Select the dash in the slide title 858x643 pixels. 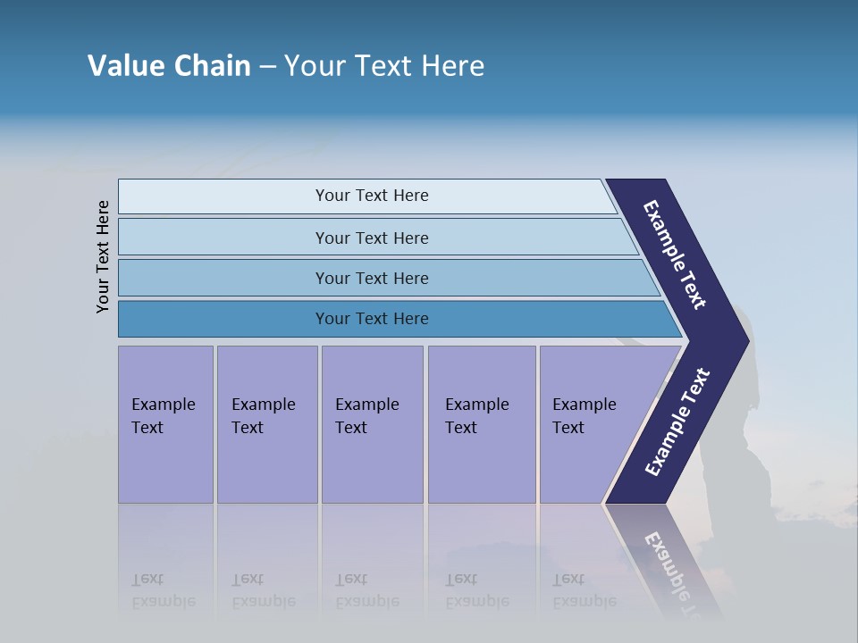(x=267, y=67)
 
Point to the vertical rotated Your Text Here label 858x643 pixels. (x=103, y=256)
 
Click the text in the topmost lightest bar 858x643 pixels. (x=372, y=196)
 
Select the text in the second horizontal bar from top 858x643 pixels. (x=372, y=238)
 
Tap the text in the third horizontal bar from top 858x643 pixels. (x=372, y=279)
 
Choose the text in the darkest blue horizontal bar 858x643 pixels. (x=372, y=319)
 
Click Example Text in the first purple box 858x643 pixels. (x=163, y=416)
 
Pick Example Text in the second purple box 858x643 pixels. (x=263, y=416)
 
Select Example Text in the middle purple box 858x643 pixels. (x=366, y=416)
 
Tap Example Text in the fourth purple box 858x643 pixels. (x=476, y=416)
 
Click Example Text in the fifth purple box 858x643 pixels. (x=584, y=416)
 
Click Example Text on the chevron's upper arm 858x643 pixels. (x=675, y=255)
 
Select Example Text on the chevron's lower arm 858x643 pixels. (x=677, y=422)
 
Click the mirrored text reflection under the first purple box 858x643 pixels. (x=163, y=590)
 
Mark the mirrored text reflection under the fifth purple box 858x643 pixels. (x=584, y=590)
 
